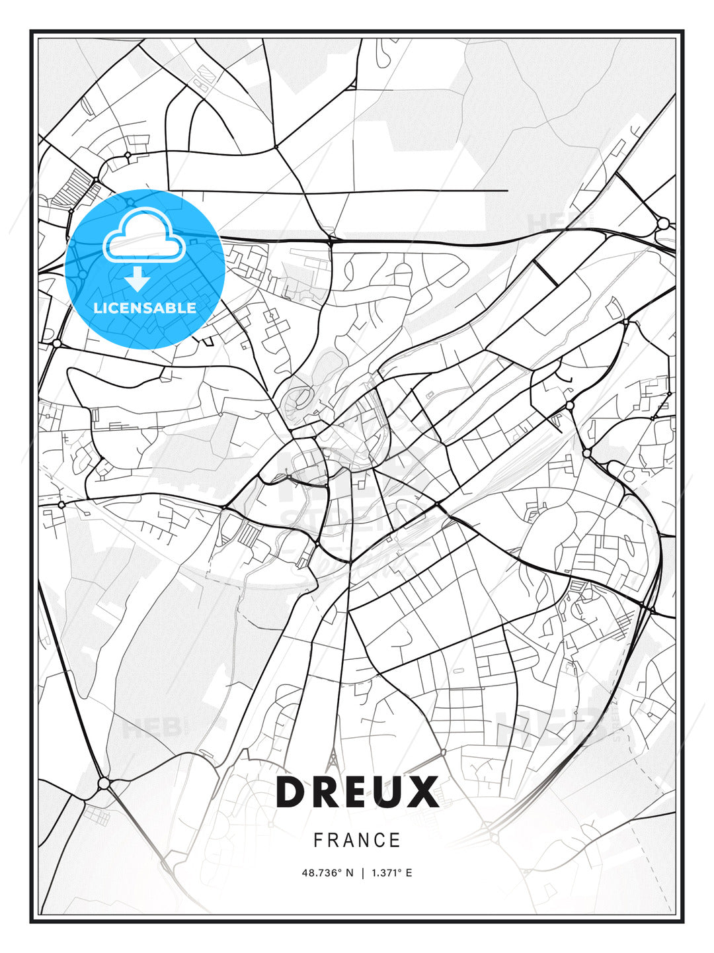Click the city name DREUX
(x=357, y=792)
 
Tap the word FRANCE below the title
(x=357, y=840)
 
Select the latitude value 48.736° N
(x=327, y=873)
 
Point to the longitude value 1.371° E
(x=391, y=873)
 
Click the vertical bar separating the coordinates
(x=362, y=873)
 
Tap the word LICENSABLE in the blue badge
(x=145, y=308)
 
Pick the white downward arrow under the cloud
(x=138, y=279)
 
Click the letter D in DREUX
(x=292, y=792)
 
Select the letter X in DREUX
(x=422, y=792)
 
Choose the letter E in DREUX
(x=356, y=792)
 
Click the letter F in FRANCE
(x=318, y=840)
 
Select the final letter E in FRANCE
(x=395, y=840)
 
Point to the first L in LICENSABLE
(x=97, y=308)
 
